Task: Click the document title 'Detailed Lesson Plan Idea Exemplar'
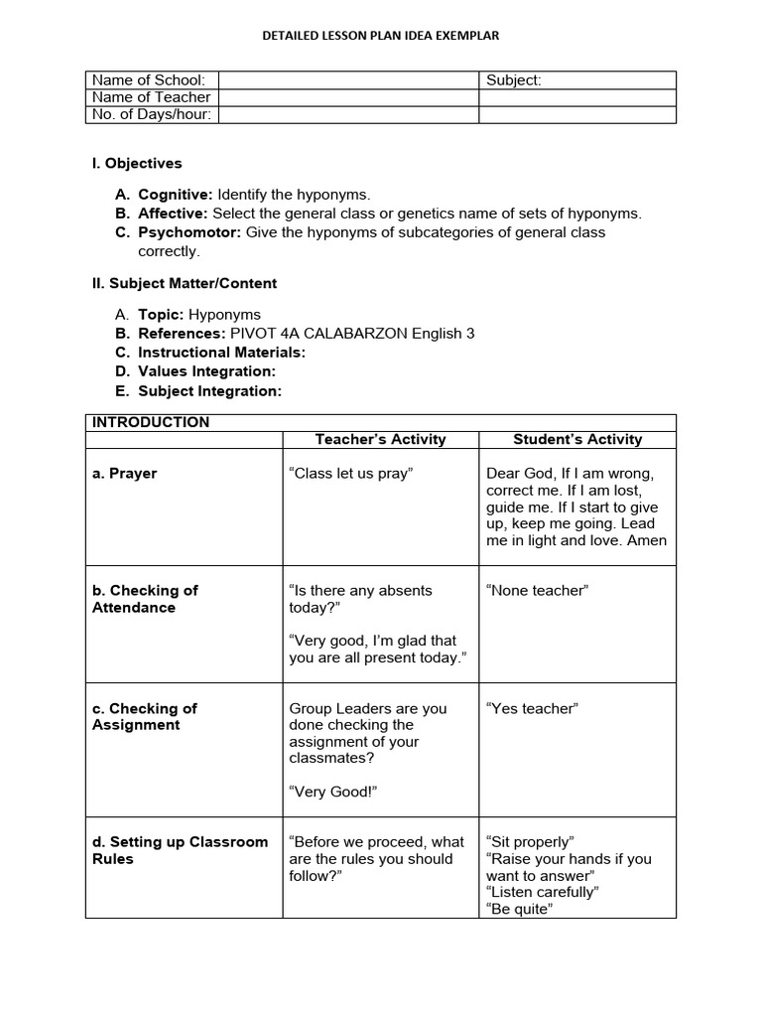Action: click(380, 35)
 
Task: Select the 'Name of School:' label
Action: click(149, 80)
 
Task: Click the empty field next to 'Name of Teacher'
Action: click(348, 97)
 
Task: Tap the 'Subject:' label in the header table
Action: click(514, 80)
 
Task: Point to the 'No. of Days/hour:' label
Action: click(152, 114)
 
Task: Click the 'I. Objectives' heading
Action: click(137, 163)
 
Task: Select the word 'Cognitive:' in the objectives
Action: click(176, 195)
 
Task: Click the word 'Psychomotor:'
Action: click(190, 232)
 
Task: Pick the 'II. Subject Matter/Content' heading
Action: click(185, 283)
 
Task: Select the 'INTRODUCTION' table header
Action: click(151, 422)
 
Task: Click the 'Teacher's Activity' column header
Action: click(380, 439)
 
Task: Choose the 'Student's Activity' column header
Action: click(577, 439)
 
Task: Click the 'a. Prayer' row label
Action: click(125, 474)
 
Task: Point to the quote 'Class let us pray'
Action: click(350, 474)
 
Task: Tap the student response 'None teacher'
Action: click(537, 591)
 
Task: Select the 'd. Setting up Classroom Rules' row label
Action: click(180, 850)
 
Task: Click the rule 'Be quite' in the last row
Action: click(519, 909)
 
